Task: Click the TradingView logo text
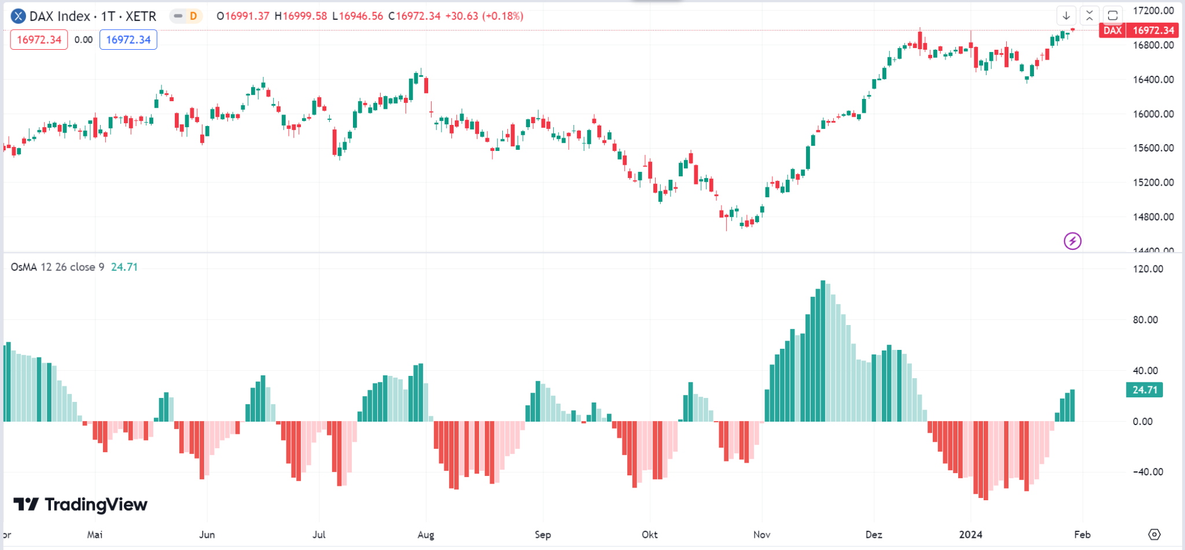tap(81, 504)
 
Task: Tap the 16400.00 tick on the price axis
tap(1153, 79)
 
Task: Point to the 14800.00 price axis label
tap(1153, 217)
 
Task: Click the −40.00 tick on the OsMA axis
tap(1147, 472)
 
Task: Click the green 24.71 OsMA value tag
tap(1144, 390)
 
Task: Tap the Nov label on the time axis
tap(761, 534)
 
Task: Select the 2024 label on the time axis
tap(970, 534)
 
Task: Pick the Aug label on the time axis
tap(426, 534)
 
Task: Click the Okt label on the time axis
tap(649, 534)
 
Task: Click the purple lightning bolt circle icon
tap(1072, 241)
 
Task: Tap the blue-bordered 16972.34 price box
tap(128, 40)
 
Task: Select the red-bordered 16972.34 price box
tap(39, 40)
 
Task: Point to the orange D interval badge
tap(193, 16)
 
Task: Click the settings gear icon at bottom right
tap(1154, 534)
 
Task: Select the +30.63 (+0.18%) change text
tap(484, 16)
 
